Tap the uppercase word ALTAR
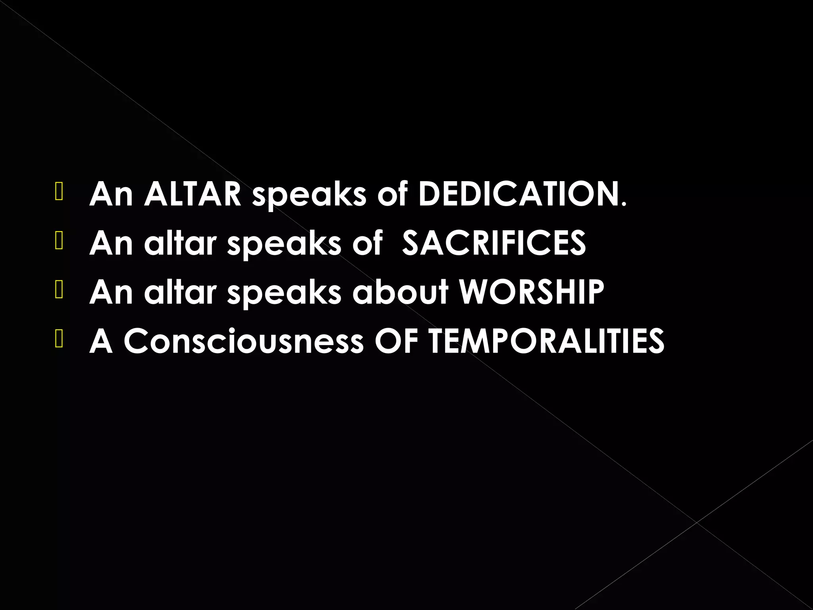[193, 194]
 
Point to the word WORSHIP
[531, 292]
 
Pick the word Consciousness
[243, 341]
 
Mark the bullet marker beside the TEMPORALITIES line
[59, 340]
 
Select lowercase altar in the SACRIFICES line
[179, 243]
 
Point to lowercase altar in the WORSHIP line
[179, 292]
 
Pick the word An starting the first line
[111, 194]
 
